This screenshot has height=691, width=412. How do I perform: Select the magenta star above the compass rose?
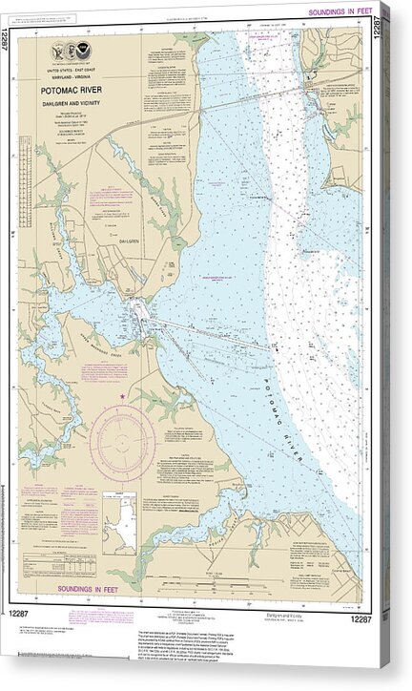(x=122, y=396)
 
